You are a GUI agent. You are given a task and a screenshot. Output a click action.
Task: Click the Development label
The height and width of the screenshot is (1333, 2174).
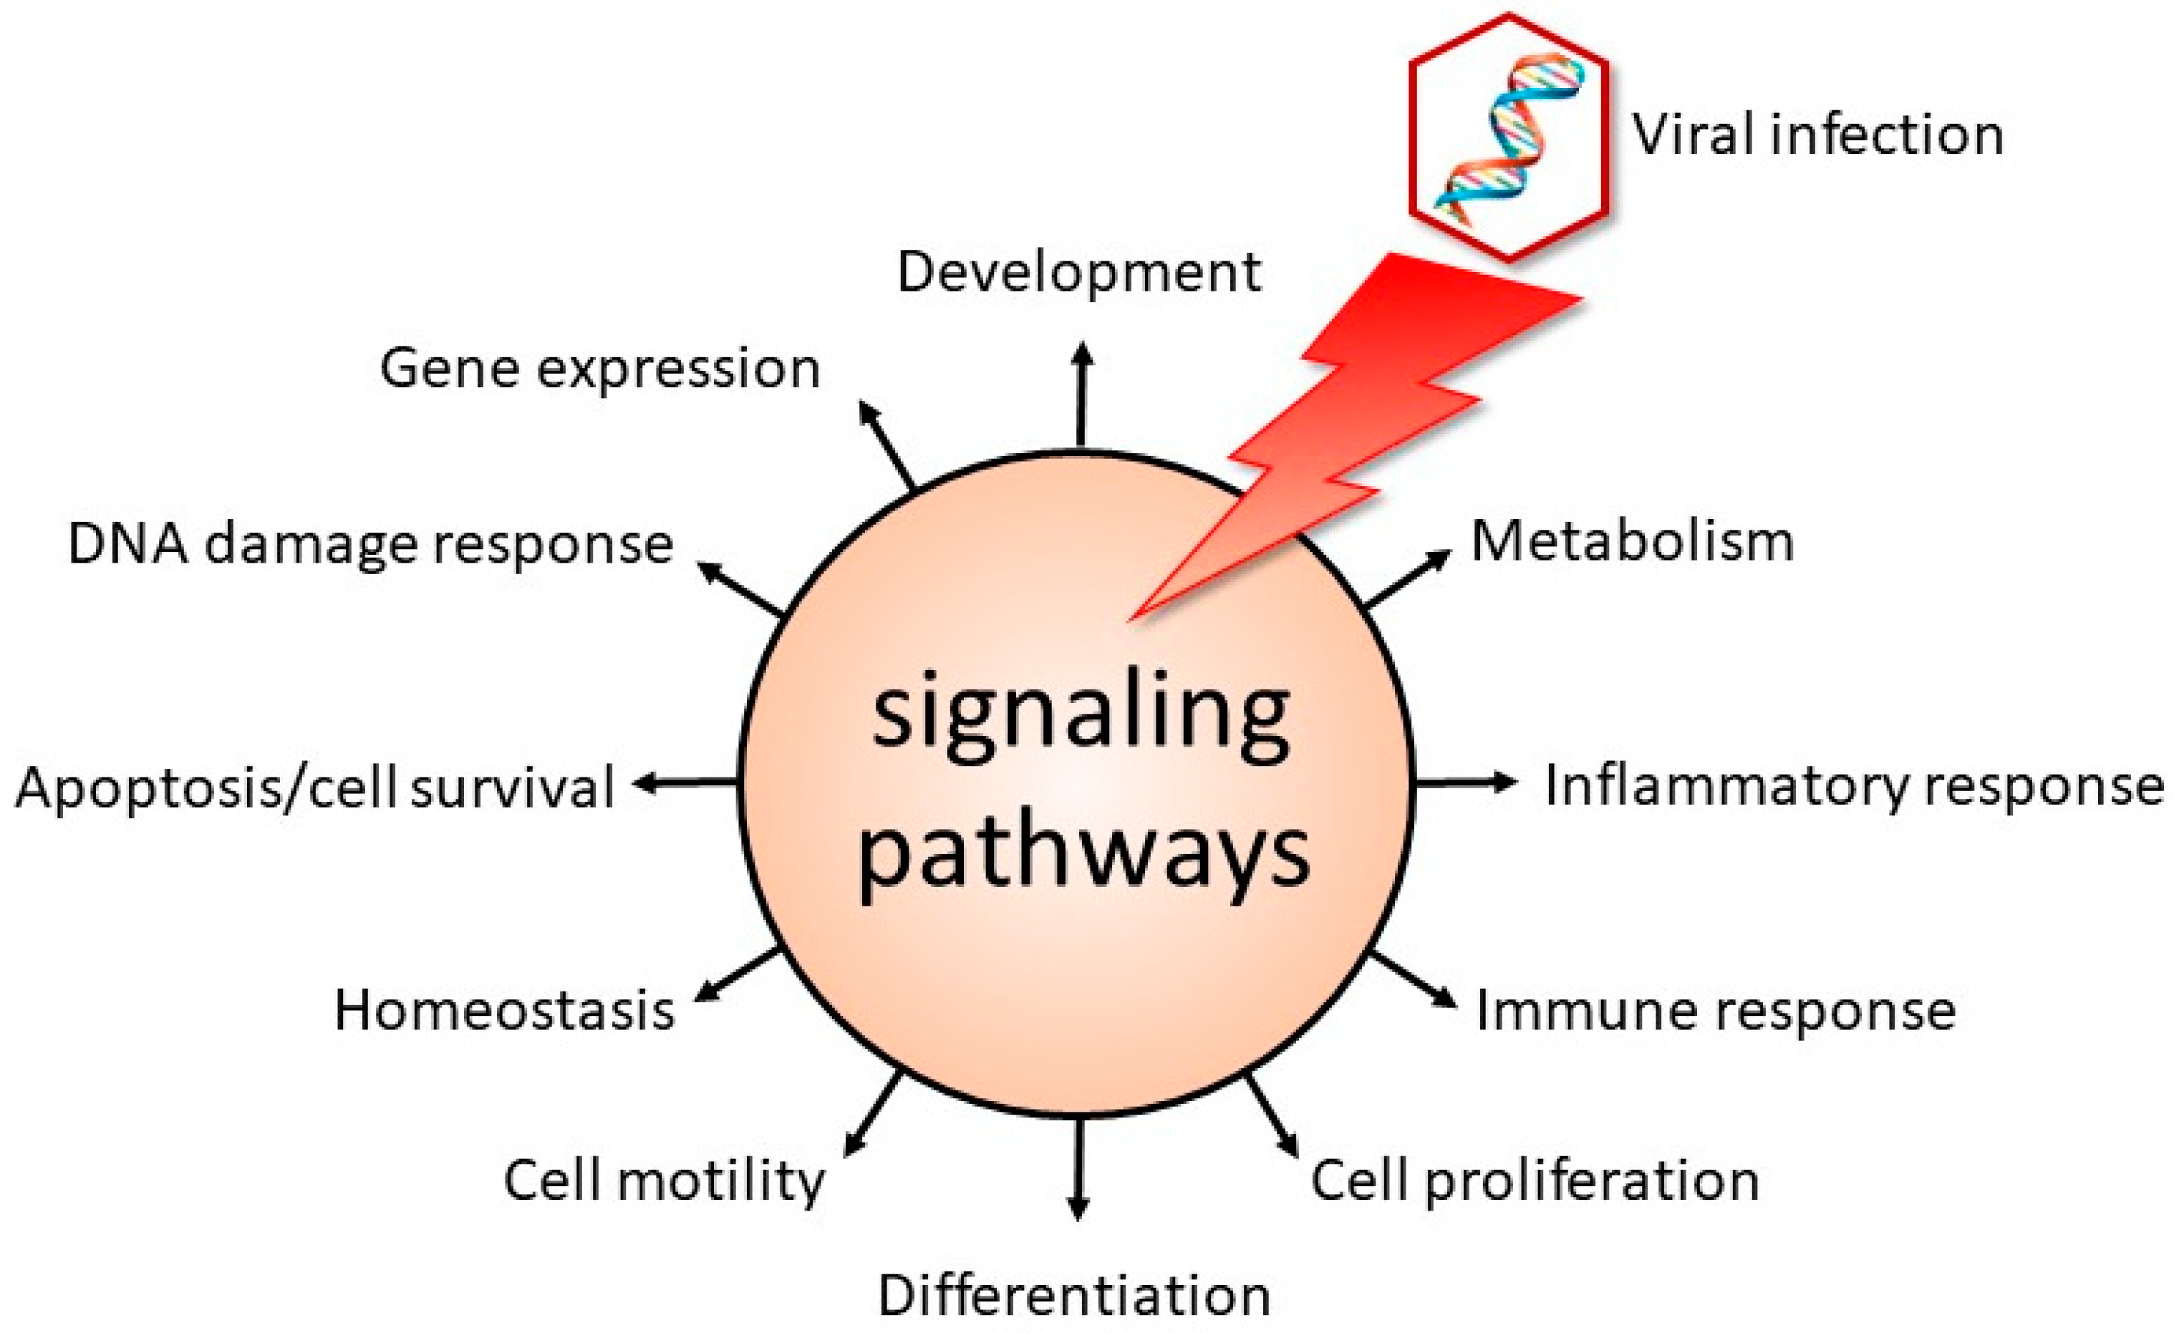coord(1078,273)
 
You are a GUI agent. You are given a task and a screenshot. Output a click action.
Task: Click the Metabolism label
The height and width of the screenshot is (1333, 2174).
coord(1632,541)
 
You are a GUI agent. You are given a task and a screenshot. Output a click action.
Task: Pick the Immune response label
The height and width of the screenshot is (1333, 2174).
coord(1716,1010)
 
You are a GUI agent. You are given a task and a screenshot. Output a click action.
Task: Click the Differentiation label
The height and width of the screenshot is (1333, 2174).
coord(1074,1296)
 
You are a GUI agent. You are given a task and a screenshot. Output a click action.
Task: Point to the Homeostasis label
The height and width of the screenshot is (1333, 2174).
coord(504,1010)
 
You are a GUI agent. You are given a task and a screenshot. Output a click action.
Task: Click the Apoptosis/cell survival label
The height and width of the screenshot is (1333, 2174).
coord(315,787)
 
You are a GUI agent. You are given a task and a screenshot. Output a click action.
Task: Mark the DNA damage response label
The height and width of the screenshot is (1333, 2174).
coord(371,544)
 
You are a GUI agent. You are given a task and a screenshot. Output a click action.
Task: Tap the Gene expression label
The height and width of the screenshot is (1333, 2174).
coord(600,369)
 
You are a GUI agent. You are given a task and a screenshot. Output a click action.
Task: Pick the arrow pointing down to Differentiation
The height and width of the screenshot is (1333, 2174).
coord(1077,1169)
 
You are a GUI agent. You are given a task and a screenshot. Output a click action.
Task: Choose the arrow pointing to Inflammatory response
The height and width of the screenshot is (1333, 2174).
coord(1464,782)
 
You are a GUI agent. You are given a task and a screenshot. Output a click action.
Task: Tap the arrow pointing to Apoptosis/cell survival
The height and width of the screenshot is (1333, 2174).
coord(687,782)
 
